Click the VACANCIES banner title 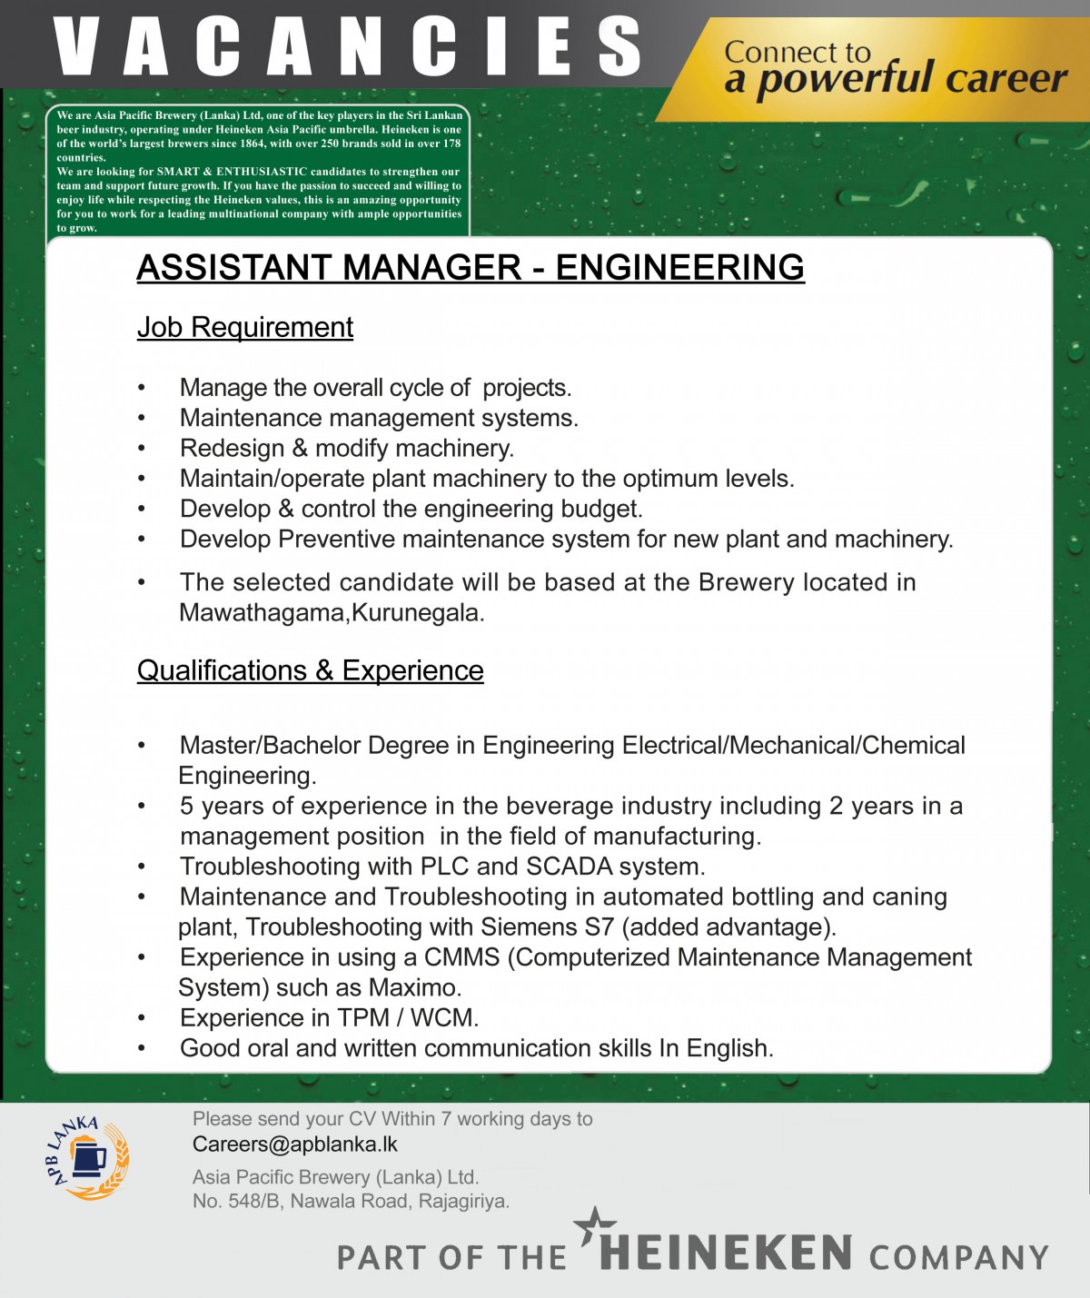348,47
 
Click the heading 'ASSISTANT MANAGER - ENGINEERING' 471,268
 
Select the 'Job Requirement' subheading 245,327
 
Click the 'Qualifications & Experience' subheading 310,670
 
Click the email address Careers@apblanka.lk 295,1144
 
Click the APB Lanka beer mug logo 88,1158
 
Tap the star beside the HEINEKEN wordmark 595,1227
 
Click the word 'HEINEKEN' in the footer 726,1253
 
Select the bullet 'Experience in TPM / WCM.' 329,1018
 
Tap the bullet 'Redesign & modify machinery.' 346,449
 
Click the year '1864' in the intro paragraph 252,144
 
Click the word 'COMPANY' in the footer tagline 958,1258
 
